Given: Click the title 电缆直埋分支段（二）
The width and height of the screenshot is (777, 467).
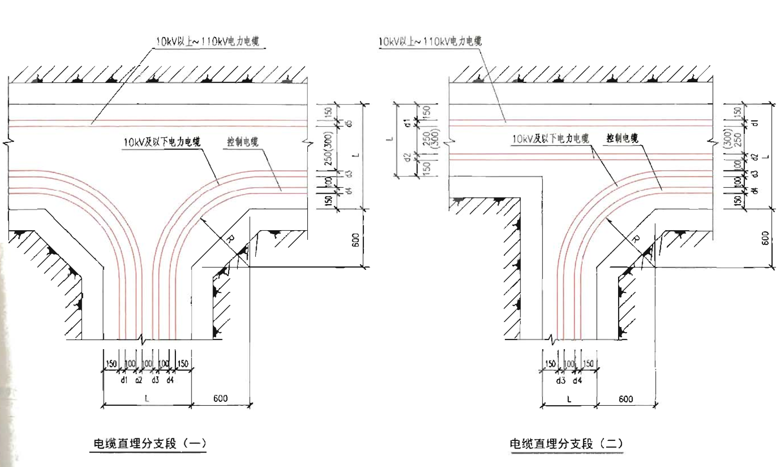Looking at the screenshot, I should point(566,444).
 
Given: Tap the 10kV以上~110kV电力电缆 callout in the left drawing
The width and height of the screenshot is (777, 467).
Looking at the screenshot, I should point(207,42).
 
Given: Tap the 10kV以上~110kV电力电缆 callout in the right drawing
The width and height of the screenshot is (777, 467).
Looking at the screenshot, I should point(430,41).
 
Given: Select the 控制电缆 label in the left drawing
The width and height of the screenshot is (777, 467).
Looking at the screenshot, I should point(243,142).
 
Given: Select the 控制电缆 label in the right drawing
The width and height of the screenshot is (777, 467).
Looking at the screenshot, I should point(622,138).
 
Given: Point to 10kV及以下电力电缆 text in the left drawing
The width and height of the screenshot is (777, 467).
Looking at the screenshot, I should point(162,142).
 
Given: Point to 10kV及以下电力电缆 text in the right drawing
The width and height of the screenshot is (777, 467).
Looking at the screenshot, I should point(550,139).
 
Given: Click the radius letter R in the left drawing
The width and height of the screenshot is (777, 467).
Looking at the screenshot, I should point(230,239).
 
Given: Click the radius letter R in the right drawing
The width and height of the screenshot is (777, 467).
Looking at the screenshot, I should point(635,239).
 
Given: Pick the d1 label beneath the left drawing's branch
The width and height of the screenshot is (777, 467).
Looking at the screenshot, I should point(124,380).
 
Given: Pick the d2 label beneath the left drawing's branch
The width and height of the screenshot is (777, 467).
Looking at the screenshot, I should point(139,380).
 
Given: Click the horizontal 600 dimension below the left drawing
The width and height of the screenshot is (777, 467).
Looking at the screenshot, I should point(221,398).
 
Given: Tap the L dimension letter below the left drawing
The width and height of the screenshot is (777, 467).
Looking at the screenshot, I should point(146,399).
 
